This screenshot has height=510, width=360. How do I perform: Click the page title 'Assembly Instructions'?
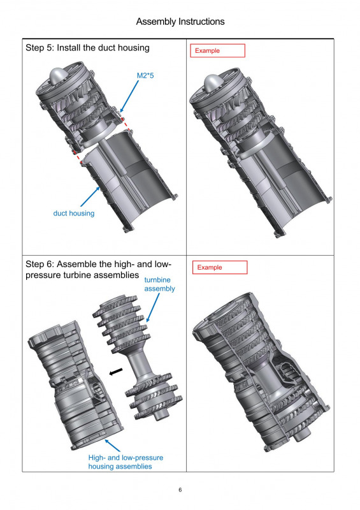tap(180, 22)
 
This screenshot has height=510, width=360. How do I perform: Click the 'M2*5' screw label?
tap(145, 76)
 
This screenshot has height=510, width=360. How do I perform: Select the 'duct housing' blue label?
tap(74, 214)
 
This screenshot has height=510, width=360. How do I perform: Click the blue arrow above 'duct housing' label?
tap(90, 196)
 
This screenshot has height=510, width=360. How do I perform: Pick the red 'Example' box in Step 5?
tap(217, 51)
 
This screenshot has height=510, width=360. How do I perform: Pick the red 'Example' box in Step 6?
tap(220, 267)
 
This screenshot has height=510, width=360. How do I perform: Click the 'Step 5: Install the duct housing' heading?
tap(87, 48)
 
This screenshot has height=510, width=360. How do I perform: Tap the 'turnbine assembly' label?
tap(159, 284)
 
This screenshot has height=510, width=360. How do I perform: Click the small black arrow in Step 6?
tap(116, 372)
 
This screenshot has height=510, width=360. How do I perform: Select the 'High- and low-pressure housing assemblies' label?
tap(126, 462)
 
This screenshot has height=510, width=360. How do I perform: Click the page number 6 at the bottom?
tap(180, 490)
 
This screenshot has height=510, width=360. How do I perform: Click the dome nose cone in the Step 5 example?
tap(212, 83)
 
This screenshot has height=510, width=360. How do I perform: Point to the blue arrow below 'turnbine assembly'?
tap(153, 308)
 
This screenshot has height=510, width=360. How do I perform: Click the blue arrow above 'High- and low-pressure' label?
tap(113, 446)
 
